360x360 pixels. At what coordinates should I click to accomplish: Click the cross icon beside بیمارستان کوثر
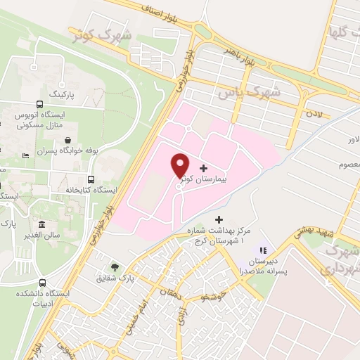pos(204,169)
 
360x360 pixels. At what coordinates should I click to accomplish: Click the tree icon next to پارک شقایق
pos(115,267)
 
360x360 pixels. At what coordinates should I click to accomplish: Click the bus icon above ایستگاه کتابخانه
pos(91,179)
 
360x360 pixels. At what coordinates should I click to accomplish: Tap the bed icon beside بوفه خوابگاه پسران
pos(26,155)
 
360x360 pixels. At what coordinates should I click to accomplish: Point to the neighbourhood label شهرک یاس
pos(248,92)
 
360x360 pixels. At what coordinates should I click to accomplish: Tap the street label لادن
pos(312,112)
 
